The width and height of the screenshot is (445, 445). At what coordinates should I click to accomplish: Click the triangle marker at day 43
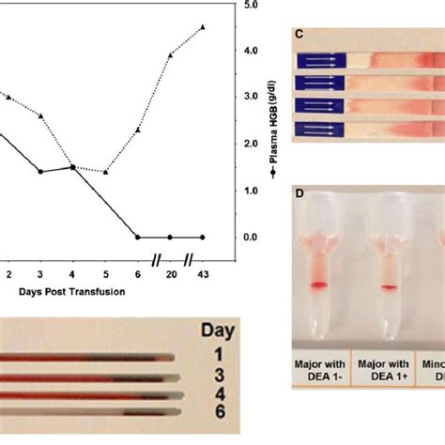204,27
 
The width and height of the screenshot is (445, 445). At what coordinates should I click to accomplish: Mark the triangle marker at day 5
105,172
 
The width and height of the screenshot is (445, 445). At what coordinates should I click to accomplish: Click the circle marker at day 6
138,238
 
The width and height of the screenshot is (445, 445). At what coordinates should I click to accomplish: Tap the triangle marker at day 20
170,54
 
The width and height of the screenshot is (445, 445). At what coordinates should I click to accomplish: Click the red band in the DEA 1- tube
318,284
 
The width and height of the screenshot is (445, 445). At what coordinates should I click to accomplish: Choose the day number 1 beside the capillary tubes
217,356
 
